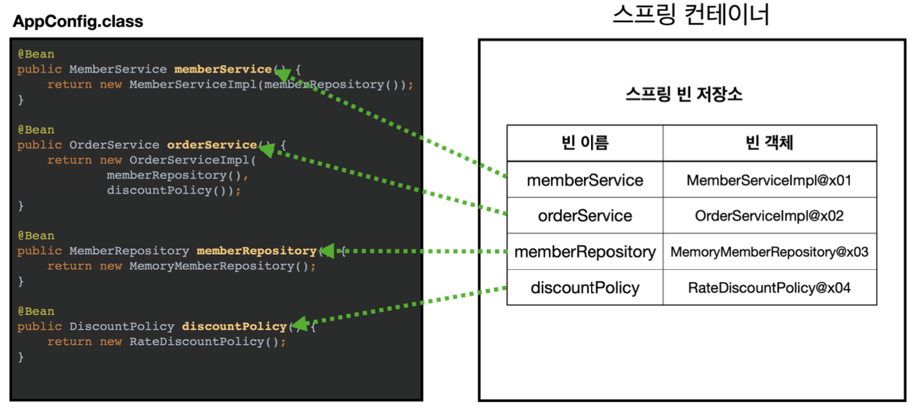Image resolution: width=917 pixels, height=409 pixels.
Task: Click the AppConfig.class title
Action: [x=78, y=21]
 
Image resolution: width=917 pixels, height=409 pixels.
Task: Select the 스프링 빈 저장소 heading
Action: [x=684, y=94]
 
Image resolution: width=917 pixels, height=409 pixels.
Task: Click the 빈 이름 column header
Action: [x=585, y=143]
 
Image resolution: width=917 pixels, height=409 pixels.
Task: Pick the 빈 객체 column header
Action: [x=769, y=143]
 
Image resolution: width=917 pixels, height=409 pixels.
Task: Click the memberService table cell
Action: [x=585, y=180]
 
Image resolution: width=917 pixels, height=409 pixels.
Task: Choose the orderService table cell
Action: [x=585, y=216]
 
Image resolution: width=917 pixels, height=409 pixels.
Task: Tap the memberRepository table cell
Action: [x=585, y=252]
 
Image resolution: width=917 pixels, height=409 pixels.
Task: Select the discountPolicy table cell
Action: [x=585, y=287]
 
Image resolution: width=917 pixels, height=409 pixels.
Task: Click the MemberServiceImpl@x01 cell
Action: [x=769, y=180]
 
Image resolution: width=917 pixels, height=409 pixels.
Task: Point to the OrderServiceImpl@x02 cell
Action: [x=769, y=216]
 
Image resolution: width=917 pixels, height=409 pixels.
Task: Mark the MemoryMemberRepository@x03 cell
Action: [x=769, y=252]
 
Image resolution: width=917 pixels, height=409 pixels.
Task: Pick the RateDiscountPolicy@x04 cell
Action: [x=769, y=287]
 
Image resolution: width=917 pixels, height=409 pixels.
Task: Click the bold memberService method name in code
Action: [x=222, y=69]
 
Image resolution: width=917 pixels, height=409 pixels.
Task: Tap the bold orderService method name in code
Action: [x=211, y=145]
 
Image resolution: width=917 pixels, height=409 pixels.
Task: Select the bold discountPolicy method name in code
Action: [x=233, y=326]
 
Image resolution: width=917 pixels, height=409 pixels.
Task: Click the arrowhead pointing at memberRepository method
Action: [x=327, y=251]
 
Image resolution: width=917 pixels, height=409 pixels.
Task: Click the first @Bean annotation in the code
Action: [x=36, y=54]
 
